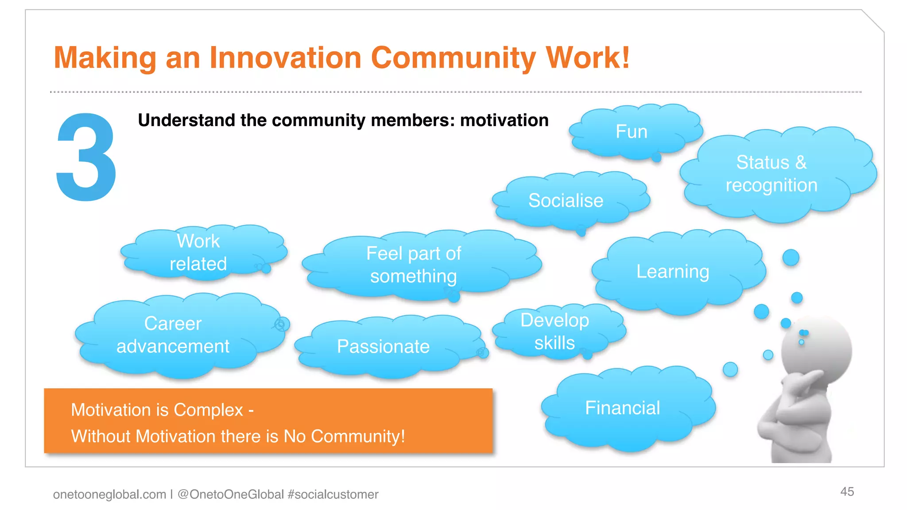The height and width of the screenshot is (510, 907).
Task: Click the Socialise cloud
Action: [566, 201]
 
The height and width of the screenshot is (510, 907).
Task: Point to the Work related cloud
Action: [198, 252]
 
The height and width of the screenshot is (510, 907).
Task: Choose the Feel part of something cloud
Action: [414, 265]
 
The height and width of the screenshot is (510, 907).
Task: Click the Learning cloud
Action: [673, 271]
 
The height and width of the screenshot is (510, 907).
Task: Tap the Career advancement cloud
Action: [173, 335]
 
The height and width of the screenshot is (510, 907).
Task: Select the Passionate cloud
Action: [383, 346]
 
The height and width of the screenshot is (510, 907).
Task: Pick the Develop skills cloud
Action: [554, 331]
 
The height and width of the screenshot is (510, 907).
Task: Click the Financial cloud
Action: [622, 408]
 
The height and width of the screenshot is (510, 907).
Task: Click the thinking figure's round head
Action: [817, 350]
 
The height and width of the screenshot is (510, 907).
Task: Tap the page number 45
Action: [847, 491]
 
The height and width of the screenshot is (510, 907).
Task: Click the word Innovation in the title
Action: [285, 58]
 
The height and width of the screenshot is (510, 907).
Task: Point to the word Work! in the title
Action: [587, 58]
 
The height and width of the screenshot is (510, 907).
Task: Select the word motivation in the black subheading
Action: [504, 120]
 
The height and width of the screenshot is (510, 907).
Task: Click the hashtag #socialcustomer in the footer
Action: [333, 494]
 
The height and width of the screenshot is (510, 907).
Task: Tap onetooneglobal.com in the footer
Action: [109, 494]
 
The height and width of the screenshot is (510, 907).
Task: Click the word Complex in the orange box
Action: [208, 410]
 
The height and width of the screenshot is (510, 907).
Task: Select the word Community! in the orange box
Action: [358, 437]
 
